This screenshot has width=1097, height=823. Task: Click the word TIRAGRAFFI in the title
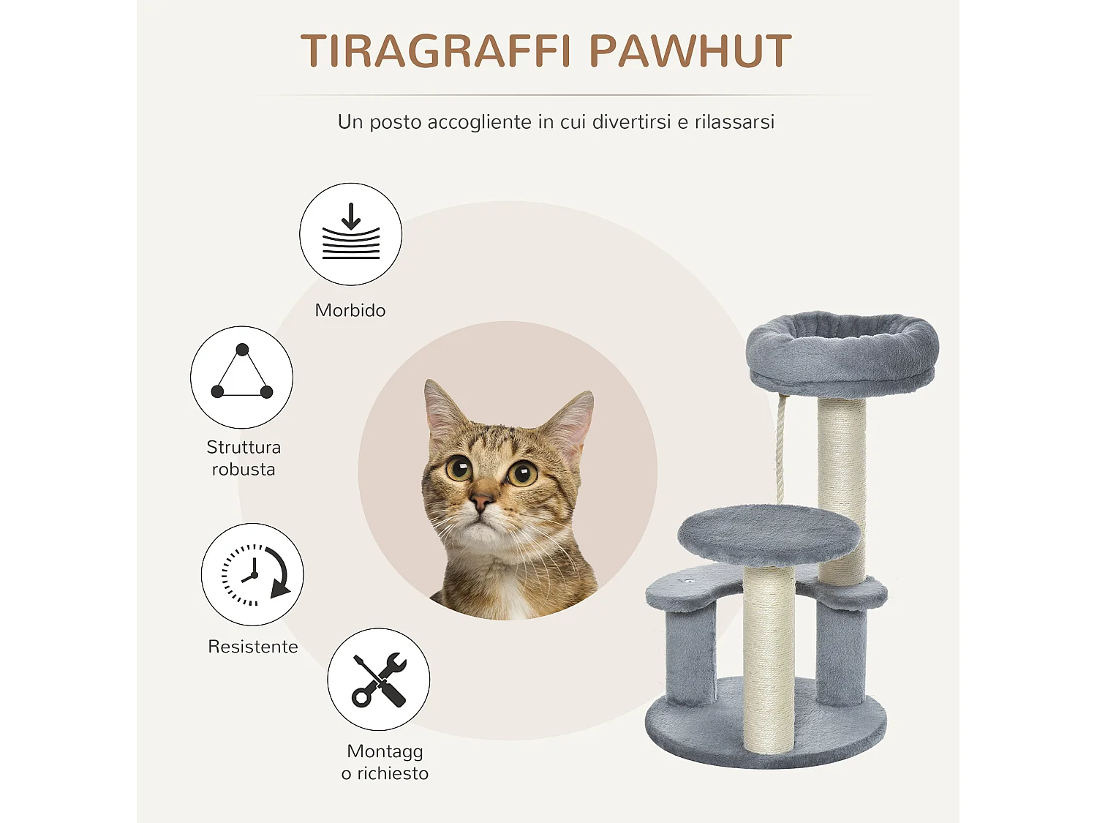(435, 51)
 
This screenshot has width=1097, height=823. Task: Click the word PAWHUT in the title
(690, 51)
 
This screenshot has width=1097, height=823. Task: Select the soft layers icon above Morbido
(350, 234)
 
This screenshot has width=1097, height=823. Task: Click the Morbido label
(350, 310)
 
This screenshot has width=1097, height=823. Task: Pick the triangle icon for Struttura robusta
(241, 377)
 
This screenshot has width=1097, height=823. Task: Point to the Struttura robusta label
(244, 458)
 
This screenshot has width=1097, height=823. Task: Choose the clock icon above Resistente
(252, 574)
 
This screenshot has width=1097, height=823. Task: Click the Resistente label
(253, 647)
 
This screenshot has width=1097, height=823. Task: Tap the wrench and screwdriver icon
(378, 679)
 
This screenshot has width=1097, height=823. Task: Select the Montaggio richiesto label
(385, 762)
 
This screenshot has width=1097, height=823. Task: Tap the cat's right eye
(522, 474)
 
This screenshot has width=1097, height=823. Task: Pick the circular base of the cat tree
(766, 732)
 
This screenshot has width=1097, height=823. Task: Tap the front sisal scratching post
(769, 658)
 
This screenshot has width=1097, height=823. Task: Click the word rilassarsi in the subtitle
(734, 122)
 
